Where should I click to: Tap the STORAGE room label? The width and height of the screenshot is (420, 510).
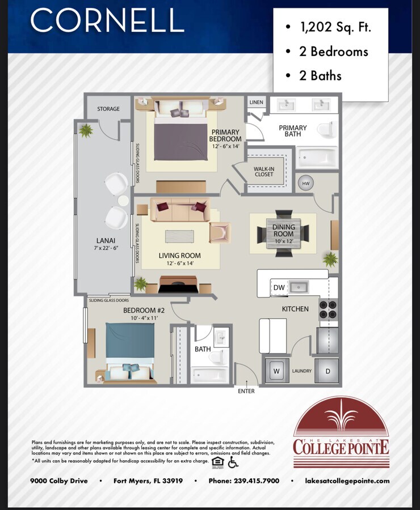point(108,109)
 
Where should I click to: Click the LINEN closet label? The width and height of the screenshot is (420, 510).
point(256,103)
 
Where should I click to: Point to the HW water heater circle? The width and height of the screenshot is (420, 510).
point(306,183)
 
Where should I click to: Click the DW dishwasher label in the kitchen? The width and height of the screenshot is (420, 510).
point(279,288)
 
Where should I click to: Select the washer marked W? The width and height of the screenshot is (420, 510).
point(276,371)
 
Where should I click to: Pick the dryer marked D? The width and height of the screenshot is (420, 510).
point(327,371)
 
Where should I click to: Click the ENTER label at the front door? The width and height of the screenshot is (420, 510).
point(246,391)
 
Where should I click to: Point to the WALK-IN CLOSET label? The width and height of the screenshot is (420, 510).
point(263,171)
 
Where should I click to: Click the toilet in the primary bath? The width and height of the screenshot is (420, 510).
point(326,130)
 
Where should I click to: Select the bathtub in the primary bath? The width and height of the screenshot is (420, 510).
point(317,156)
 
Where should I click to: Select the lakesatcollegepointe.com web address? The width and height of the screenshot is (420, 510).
point(347,481)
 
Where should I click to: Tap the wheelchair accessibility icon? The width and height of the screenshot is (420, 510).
point(233,462)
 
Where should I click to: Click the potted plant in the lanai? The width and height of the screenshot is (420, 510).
point(86,131)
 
